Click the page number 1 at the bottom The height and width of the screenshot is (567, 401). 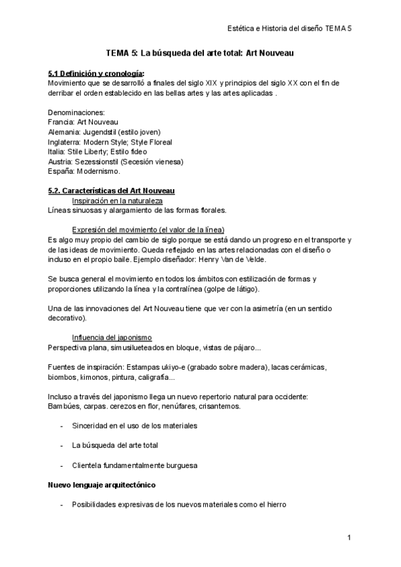point(349,538)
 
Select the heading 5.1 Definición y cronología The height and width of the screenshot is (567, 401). point(96,73)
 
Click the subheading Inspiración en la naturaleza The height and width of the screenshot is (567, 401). point(117,201)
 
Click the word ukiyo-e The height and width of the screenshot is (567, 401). point(176,367)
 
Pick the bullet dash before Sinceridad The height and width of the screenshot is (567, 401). point(61,425)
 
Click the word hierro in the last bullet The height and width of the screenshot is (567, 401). point(275,504)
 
